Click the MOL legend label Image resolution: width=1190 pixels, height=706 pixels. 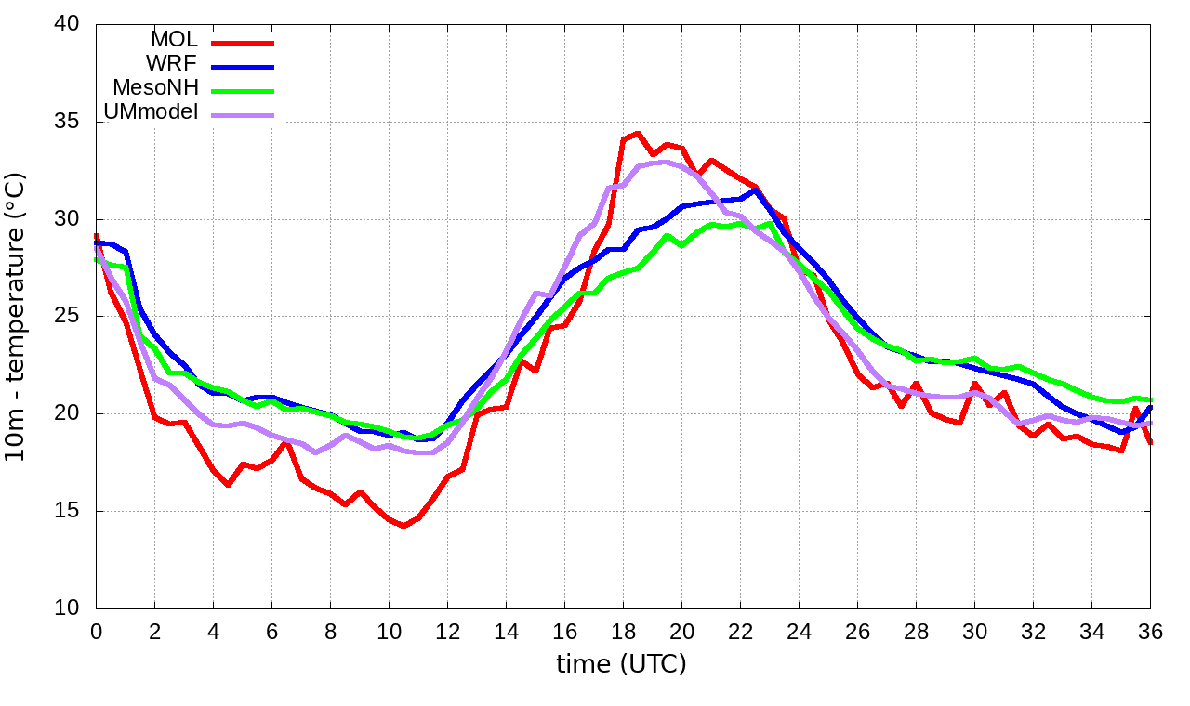point(174,40)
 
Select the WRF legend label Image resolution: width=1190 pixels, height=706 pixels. point(172,64)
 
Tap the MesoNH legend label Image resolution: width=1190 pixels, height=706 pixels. point(155,88)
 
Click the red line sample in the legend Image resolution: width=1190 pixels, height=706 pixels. point(243,42)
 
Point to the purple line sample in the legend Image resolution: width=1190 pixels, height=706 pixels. point(243,115)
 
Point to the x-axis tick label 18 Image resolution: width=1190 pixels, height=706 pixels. point(623,631)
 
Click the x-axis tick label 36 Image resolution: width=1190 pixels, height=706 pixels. point(1150,631)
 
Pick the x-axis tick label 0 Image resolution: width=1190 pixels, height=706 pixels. point(96,631)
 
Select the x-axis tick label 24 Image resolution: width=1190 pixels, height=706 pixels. point(799,631)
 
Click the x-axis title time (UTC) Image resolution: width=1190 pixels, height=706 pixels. point(621,664)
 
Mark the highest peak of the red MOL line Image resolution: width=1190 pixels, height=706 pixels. point(638,134)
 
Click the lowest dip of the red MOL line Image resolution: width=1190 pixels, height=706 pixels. point(403,526)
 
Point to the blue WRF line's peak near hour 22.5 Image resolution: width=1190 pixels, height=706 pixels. point(756,190)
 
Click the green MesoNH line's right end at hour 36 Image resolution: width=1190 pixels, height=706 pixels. point(1150,399)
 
